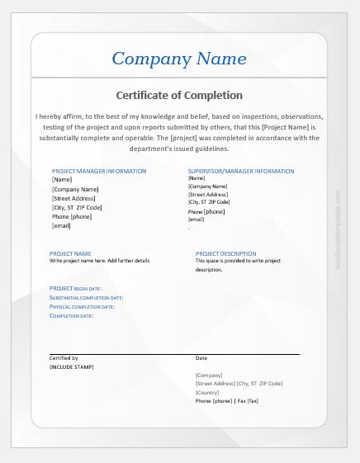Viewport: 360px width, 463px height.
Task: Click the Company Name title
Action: coord(179,59)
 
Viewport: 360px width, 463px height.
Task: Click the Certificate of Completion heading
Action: coord(179,95)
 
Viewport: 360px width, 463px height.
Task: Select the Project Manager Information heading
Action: coord(99,171)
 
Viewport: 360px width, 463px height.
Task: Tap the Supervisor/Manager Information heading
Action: coord(241,171)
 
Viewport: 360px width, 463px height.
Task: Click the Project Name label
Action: coord(70,253)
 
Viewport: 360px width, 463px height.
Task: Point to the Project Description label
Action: coord(225,253)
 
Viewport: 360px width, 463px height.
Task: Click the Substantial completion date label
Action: coord(87,297)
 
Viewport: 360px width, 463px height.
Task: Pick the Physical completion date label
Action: coord(82,306)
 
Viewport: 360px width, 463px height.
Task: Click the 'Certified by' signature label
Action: coord(64,358)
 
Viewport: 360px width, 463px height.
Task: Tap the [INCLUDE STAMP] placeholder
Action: coord(72,366)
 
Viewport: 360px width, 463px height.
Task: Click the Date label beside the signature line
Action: coord(201,358)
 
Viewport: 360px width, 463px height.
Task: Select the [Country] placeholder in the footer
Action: coord(209,392)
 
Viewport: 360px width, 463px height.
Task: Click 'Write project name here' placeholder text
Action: coord(100,261)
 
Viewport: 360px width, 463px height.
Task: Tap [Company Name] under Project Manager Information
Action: coord(75,189)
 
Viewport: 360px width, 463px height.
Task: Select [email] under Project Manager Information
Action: coord(62,225)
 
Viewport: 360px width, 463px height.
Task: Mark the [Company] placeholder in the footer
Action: coord(210,376)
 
